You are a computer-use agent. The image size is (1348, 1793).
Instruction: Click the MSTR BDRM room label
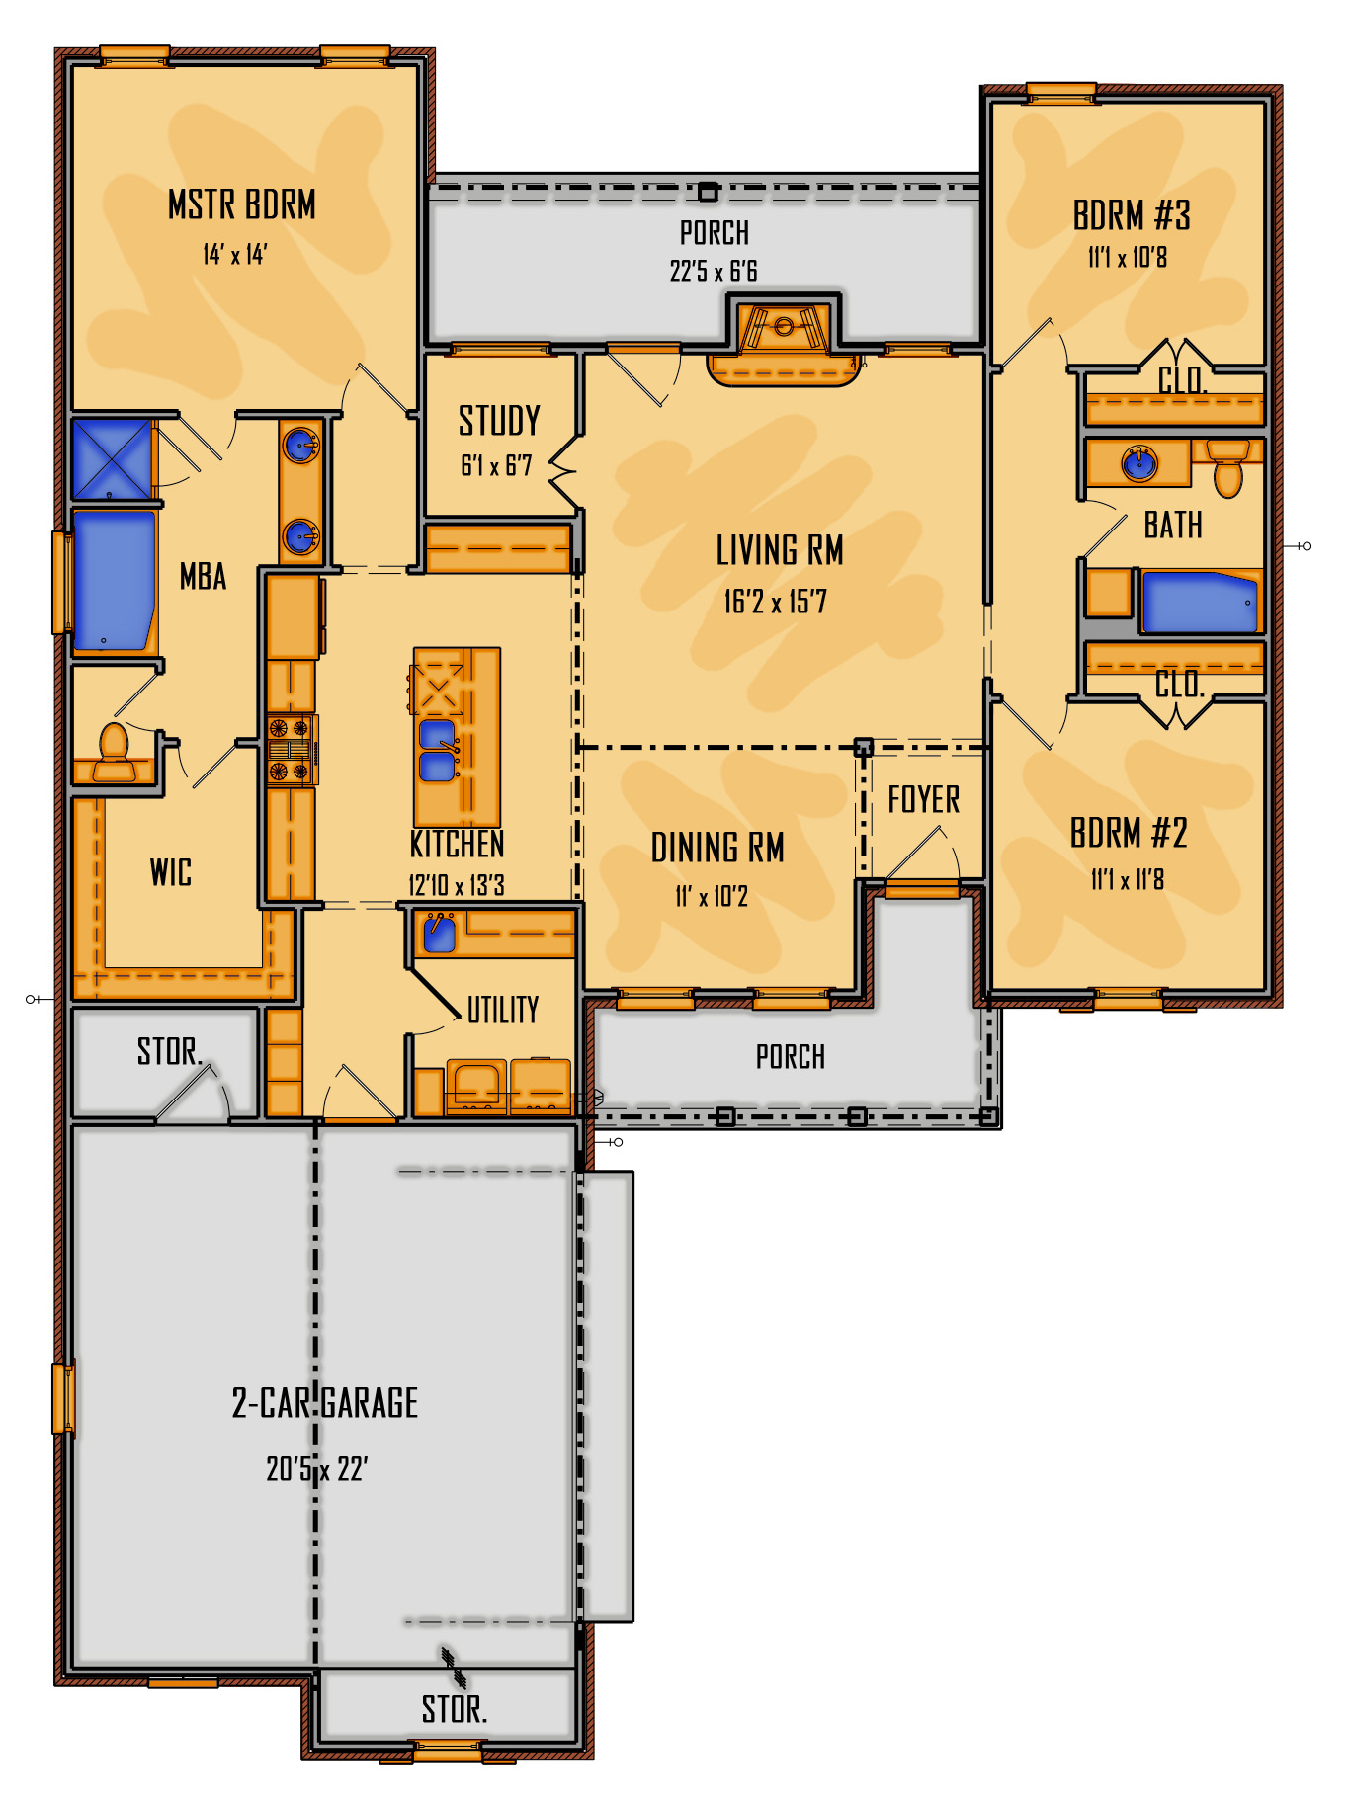pos(242,205)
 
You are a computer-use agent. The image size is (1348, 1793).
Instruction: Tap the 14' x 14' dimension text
pos(235,255)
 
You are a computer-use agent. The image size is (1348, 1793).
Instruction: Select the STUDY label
pos(499,421)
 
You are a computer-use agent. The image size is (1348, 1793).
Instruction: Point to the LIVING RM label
pos(780,551)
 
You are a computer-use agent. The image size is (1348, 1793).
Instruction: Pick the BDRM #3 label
pos(1132,215)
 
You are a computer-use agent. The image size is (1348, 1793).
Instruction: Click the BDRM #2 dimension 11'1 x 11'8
pos(1128,879)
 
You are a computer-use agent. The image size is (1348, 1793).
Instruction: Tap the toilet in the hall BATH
pos(1227,466)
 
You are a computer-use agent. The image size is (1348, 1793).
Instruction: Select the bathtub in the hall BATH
pos(1200,601)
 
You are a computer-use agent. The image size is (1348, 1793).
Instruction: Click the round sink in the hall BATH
pos(1139,462)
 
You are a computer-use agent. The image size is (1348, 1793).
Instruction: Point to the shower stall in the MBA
pos(112,458)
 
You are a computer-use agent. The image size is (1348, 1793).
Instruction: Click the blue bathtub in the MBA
pos(115,580)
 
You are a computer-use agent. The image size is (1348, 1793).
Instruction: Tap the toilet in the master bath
pos(114,753)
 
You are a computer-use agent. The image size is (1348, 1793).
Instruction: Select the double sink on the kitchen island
pos(438,750)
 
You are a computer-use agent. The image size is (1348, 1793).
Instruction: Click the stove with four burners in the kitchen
pos(290,750)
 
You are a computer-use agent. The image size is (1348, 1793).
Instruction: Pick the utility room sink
pos(439,933)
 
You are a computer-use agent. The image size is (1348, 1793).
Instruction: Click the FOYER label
pos(924,799)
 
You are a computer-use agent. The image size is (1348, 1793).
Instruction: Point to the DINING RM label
pos(717,848)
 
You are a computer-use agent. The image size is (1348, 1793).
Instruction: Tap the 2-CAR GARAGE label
pos(325,1403)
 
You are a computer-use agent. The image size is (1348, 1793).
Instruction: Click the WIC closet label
pos(171,872)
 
